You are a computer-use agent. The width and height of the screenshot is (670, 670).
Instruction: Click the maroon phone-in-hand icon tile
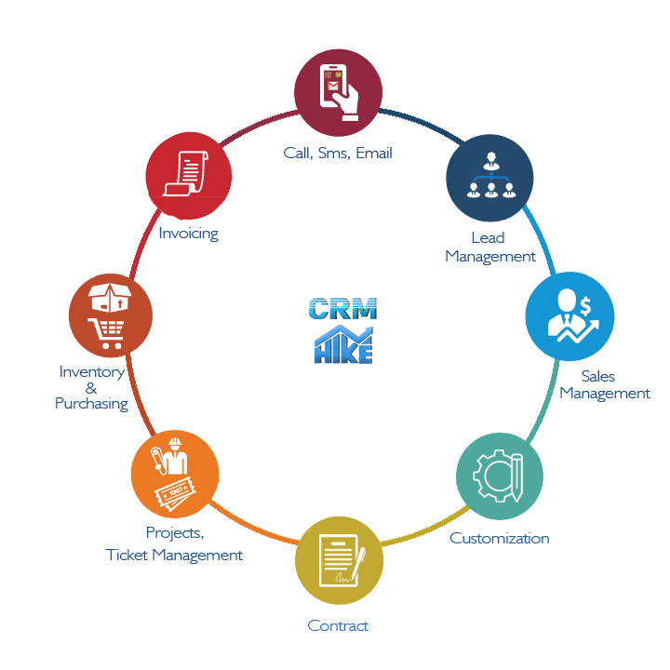tap(338, 92)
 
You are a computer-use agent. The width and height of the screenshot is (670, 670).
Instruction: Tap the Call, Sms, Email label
tap(338, 153)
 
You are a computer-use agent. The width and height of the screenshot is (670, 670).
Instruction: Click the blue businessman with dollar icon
tap(569, 315)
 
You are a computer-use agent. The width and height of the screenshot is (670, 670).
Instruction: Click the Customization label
tap(499, 538)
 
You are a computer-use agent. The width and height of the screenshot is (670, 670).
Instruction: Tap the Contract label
tap(338, 625)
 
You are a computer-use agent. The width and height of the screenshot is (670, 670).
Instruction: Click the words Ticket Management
tap(174, 555)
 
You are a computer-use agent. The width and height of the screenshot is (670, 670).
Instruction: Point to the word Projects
tap(175, 533)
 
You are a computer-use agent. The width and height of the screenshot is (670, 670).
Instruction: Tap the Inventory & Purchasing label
tap(91, 387)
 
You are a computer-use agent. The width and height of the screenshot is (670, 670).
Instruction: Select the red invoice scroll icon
tap(189, 173)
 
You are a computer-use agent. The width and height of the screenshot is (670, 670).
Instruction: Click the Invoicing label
tap(188, 233)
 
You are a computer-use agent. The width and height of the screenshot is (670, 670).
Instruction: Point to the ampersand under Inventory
tap(91, 388)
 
